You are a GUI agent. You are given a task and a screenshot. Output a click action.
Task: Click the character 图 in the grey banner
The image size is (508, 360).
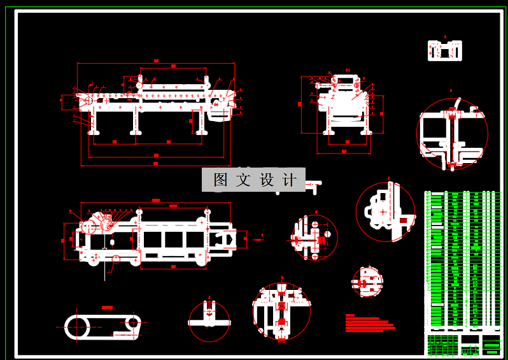pos(220,180)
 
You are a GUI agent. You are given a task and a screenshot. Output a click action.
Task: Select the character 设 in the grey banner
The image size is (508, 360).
pos(267,180)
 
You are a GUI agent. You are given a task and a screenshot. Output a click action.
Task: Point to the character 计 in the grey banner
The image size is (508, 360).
pos(290,180)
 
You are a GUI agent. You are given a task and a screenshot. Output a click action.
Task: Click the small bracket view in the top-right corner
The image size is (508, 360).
pos(444,50)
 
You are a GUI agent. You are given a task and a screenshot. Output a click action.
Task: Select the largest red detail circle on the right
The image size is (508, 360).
pos(452,134)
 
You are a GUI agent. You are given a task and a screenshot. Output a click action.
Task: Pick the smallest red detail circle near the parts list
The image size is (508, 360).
pos(368,282)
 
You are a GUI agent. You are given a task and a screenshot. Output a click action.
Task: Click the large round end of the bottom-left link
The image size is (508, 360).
pos(77,327)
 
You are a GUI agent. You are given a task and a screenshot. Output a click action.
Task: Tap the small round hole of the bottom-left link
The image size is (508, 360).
pos(133,322)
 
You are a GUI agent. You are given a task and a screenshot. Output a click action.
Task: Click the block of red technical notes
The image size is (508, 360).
pos(369,323)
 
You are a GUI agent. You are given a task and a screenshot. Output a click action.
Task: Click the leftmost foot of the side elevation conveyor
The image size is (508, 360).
pos(94,132)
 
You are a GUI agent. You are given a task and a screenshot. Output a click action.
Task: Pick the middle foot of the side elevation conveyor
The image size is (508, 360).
pos(136,132)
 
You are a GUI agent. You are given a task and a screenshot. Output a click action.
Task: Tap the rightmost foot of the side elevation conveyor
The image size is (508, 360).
pos(201,132)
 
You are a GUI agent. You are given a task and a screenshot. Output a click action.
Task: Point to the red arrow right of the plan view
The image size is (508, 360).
pos(258,240)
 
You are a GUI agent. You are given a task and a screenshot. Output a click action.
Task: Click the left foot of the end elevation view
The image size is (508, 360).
pos(328,132)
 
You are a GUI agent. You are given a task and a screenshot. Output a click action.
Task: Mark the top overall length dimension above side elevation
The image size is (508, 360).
pos(156,62)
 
